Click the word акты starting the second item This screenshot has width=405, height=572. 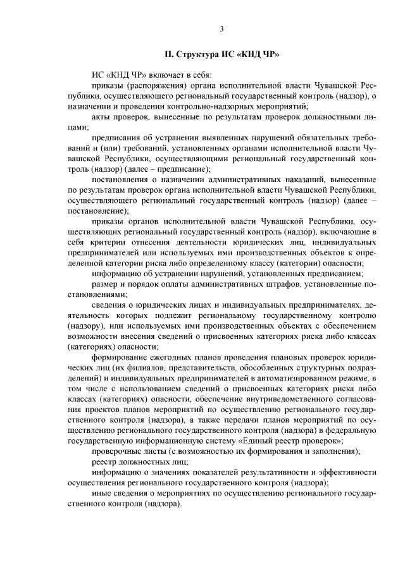tap(103, 117)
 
